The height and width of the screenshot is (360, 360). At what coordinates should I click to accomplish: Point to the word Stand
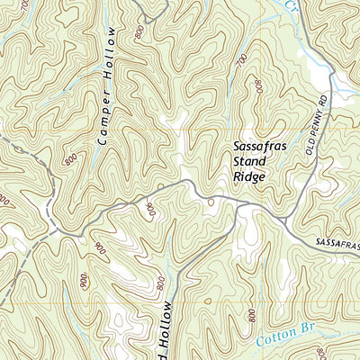click(x=247, y=161)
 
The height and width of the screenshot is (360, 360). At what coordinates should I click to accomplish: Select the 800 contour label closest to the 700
click(x=258, y=87)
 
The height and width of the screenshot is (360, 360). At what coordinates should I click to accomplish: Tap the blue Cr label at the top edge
click(x=289, y=4)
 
